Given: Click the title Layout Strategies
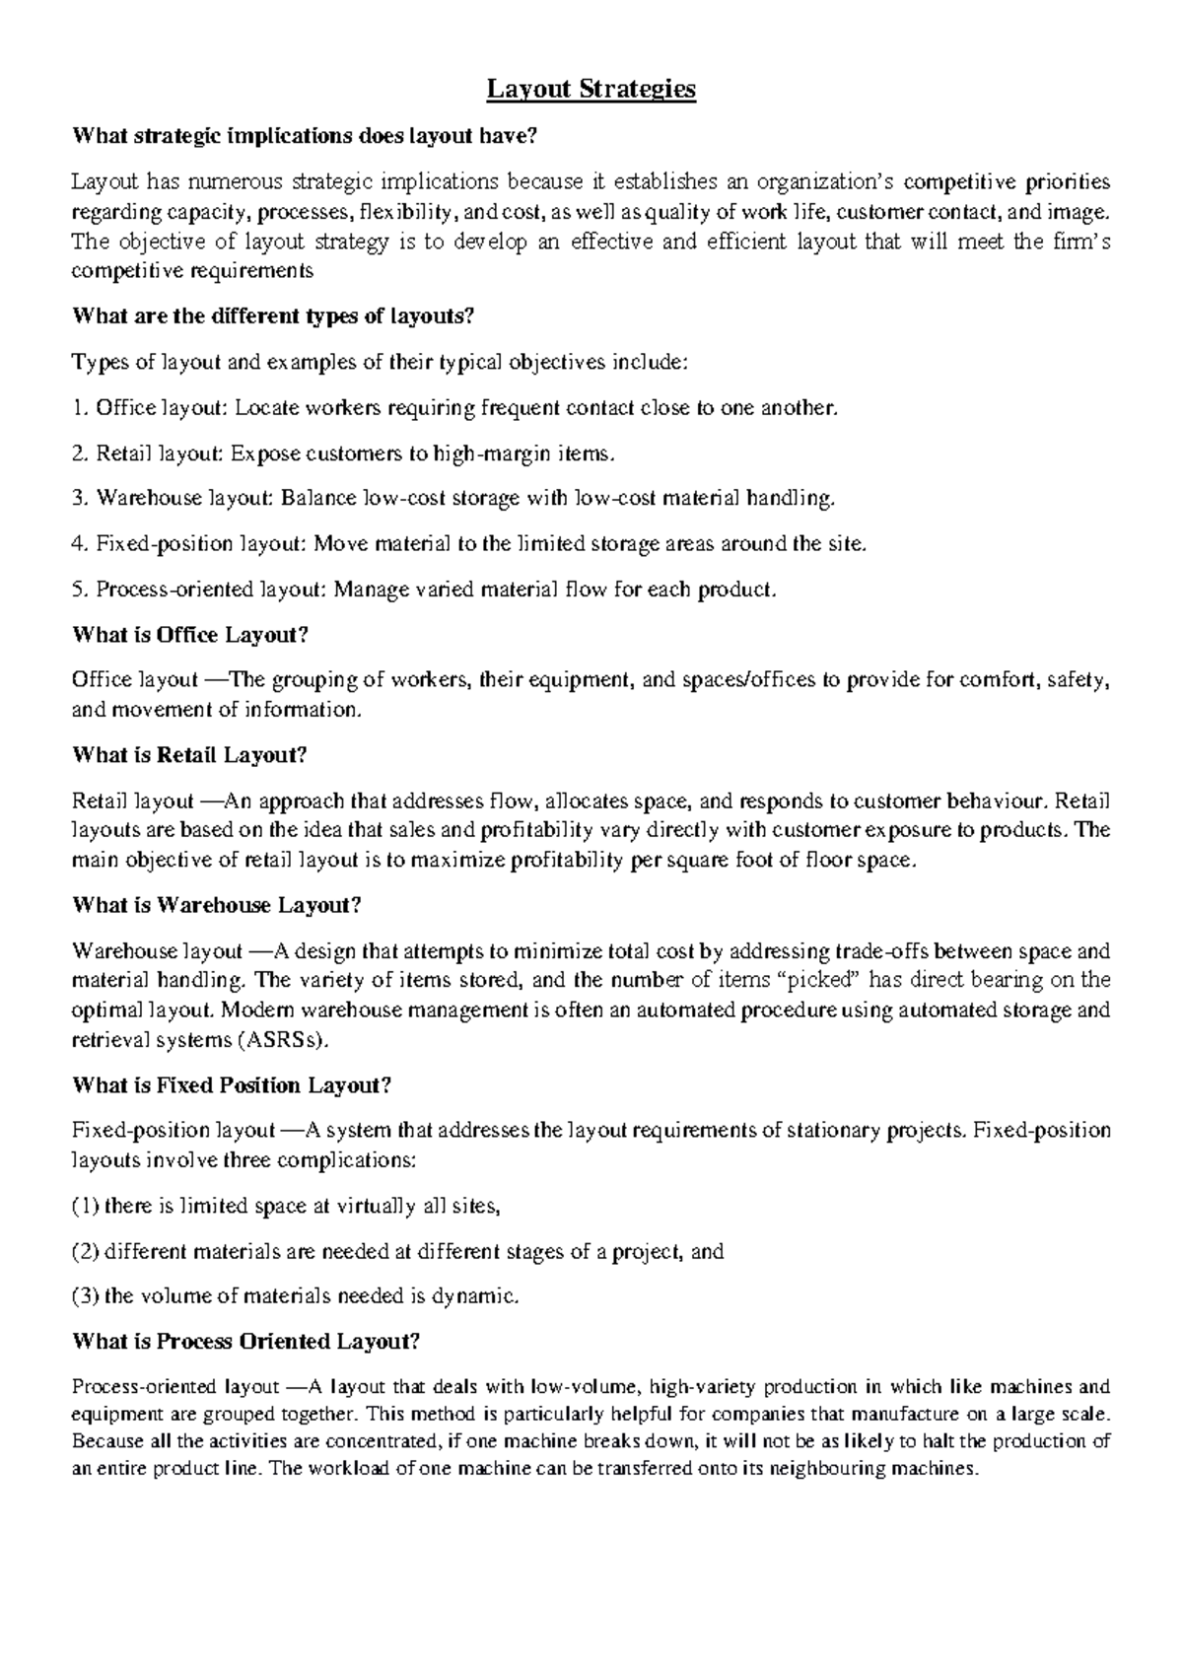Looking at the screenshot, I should pyautogui.click(x=591, y=90).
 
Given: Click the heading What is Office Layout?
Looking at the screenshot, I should pyautogui.click(x=190, y=635).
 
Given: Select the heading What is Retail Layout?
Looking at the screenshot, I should pyautogui.click(x=190, y=755).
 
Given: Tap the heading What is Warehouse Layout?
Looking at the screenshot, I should pyautogui.click(x=217, y=905).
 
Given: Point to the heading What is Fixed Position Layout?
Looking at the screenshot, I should pyautogui.click(x=232, y=1085).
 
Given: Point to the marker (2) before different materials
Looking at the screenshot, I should pyautogui.click(x=86, y=1252).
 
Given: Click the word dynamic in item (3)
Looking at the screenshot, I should pyautogui.click(x=474, y=1296).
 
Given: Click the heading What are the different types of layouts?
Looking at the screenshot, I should pyautogui.click(x=274, y=317).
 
